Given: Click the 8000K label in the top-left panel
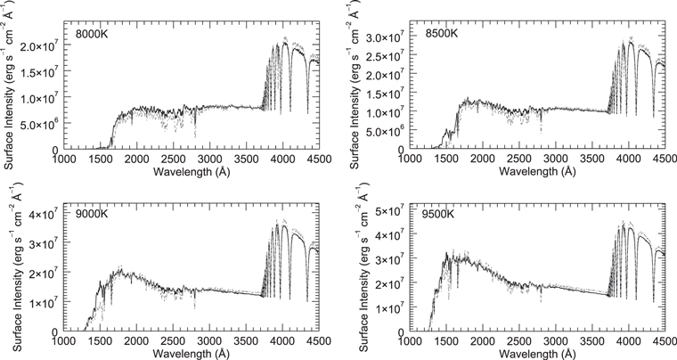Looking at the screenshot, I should pyautogui.click(x=93, y=35).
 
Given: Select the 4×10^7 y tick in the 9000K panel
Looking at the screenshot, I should pyautogui.click(x=39, y=214).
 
